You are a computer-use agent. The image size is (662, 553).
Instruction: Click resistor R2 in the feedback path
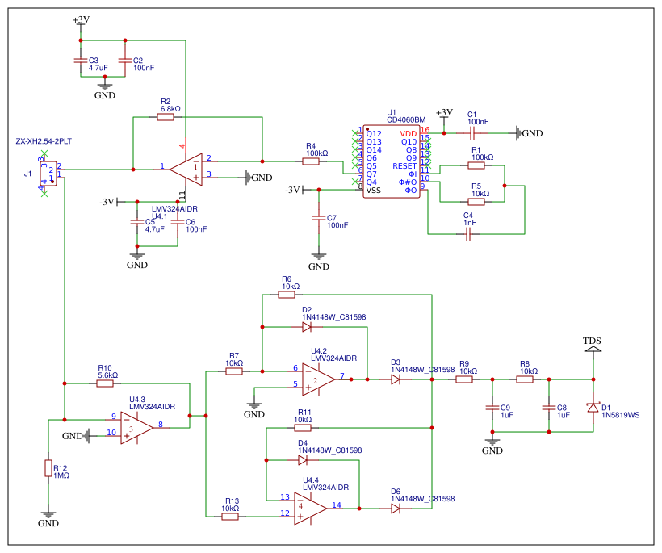pos(165,117)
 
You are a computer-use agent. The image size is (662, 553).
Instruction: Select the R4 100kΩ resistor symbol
pos(311,161)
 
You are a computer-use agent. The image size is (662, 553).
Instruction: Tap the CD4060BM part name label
pos(405,120)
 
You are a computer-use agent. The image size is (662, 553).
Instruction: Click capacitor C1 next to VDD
pos(473,132)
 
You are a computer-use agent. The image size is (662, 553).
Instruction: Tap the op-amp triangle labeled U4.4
pos(310,506)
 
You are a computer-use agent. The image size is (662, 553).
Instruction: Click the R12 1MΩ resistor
pos(48,468)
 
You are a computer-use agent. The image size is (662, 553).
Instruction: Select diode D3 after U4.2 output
pos(396,379)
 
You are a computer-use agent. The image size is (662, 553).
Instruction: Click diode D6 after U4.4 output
pos(396,508)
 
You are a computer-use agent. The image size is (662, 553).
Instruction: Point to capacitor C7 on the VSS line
pos(319,219)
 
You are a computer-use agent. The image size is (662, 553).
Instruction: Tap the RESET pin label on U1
pos(404,165)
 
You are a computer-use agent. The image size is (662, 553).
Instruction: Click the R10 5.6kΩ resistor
pos(105,383)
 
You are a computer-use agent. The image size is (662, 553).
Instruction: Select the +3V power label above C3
pos(81,19)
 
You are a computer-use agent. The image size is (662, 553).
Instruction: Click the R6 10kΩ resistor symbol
pos(287,295)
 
